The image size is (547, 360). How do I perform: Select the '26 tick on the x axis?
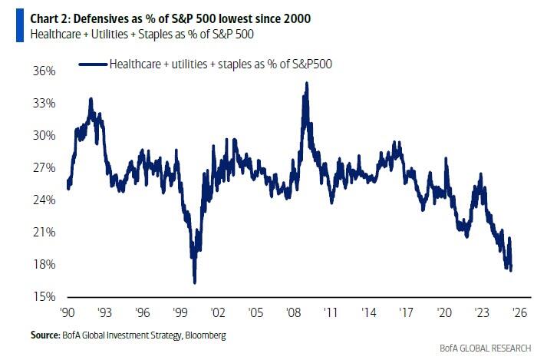pos(517,312)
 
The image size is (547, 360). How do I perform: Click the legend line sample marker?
pos(94,64)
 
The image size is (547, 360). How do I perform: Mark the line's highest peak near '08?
pos(307,83)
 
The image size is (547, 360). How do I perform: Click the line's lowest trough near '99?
pos(195,282)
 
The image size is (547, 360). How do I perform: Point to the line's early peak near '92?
pos(91,99)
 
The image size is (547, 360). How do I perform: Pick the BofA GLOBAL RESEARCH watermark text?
pos(486,349)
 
